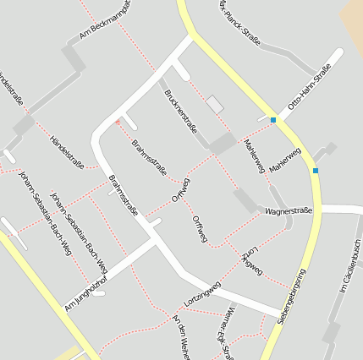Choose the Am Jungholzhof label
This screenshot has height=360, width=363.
tap(93, 297)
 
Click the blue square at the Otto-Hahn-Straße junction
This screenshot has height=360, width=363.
tap(273, 120)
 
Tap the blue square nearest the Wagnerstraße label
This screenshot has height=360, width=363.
tap(316, 171)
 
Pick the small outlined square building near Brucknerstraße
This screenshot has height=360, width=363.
tap(215, 104)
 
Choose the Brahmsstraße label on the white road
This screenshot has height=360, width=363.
tap(124, 195)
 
